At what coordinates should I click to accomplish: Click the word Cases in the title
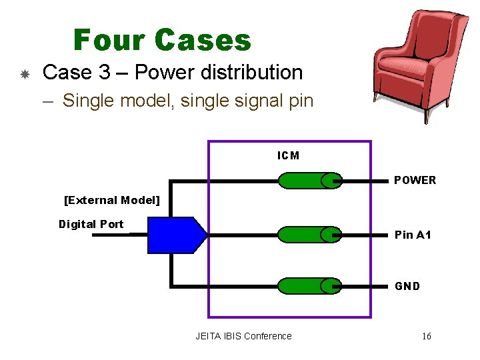pos(203,40)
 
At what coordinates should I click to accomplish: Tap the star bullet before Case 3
pos(24,74)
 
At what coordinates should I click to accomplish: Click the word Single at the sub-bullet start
pos(87,101)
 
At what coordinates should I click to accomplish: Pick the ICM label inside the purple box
pos(288,155)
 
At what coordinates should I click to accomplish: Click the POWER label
pos(415,180)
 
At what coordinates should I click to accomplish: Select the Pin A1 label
pos(413,235)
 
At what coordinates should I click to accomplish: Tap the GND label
pos(407,286)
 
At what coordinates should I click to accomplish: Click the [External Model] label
pos(111,200)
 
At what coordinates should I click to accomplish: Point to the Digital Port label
pos(91,224)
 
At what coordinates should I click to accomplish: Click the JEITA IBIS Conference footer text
pos(243,336)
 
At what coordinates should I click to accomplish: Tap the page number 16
pos(426,336)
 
